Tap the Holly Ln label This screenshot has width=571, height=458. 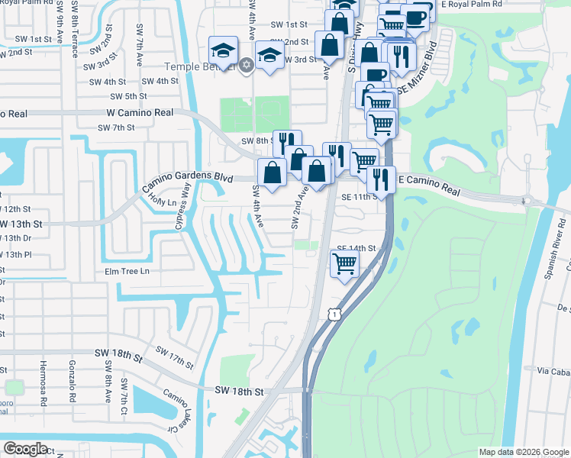click(x=162, y=200)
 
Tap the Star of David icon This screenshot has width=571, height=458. click(x=245, y=65)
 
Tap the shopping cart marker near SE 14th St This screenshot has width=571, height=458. click(x=344, y=264)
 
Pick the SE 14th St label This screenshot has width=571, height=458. click(x=357, y=249)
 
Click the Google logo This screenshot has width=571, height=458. click(x=25, y=449)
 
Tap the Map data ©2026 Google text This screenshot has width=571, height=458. click(x=524, y=452)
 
